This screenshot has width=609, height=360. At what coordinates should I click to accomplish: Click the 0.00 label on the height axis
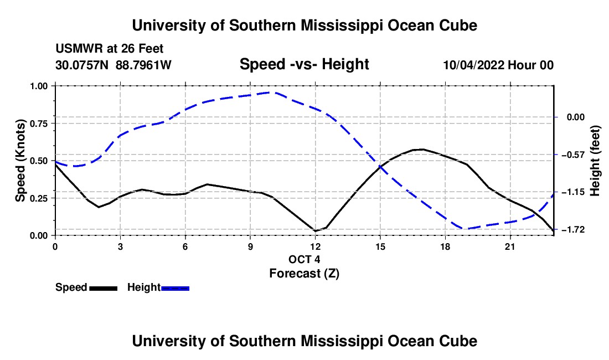tap(576, 117)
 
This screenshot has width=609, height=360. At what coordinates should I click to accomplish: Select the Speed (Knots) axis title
tap(20, 161)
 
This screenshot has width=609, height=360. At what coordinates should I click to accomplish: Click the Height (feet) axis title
tap(595, 161)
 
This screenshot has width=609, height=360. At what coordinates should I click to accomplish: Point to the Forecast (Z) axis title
tap(304, 274)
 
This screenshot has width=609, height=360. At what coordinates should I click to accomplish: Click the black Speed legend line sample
tap(104, 288)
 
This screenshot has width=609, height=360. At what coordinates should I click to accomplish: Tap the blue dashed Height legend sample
tap(175, 288)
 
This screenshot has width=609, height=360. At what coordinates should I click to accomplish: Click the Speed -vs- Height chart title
tap(304, 64)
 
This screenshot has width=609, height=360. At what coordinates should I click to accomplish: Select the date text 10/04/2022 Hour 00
tap(498, 65)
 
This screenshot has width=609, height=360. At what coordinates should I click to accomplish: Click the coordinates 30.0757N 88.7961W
tap(113, 65)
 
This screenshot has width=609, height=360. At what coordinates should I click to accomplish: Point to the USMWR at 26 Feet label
tap(110, 49)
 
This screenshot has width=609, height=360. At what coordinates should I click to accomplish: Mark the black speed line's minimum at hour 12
tap(316, 231)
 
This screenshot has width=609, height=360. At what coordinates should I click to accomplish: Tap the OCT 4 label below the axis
tap(304, 259)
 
